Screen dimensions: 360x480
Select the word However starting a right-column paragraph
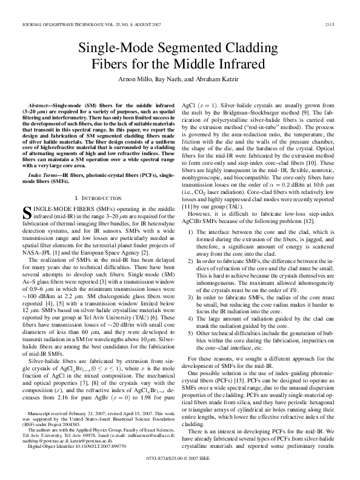tap(202, 231)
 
